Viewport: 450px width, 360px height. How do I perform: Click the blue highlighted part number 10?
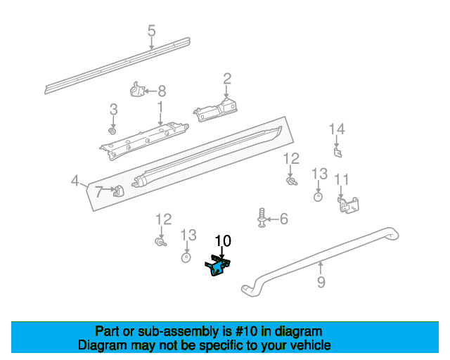pyautogui.click(x=218, y=266)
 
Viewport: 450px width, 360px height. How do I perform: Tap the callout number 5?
pyautogui.click(x=151, y=30)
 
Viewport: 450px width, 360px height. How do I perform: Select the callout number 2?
pyautogui.click(x=227, y=78)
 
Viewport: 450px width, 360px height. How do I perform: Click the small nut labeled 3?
pyautogui.click(x=112, y=131)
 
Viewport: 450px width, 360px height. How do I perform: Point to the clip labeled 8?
pyautogui.click(x=137, y=91)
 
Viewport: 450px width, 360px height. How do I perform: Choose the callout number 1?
pyautogui.click(x=160, y=106)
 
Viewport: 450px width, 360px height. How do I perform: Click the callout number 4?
pyautogui.click(x=75, y=181)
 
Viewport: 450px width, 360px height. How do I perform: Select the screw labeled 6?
pyautogui.click(x=262, y=218)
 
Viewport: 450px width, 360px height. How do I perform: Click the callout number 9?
pyautogui.click(x=321, y=283)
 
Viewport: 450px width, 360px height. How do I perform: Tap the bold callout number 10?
pyautogui.click(x=223, y=241)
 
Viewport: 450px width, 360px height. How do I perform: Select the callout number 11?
pyautogui.click(x=341, y=179)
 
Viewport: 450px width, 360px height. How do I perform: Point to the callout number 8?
pyautogui.click(x=161, y=91)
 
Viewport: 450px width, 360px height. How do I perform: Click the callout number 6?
pyautogui.click(x=284, y=220)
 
